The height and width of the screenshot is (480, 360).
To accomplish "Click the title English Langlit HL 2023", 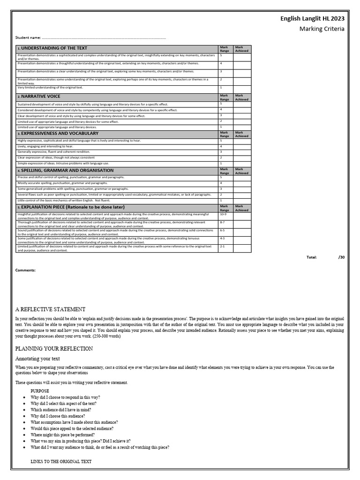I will (312, 19).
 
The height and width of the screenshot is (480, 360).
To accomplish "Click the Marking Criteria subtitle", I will (322, 29).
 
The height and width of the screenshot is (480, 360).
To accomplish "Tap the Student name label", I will (28, 37).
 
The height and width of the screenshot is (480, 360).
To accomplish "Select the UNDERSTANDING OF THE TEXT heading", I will (52, 48).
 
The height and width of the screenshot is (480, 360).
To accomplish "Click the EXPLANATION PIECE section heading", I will (72, 207).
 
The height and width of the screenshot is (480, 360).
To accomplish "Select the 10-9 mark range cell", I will (223, 214).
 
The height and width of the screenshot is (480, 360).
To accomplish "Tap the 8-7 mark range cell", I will (223, 222).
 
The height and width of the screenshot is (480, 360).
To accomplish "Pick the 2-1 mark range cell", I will (223, 246).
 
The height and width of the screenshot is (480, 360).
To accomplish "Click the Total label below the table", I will (312, 257).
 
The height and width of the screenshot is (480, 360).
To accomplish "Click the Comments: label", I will (25, 270).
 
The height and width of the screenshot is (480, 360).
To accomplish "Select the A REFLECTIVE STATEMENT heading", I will (50, 309).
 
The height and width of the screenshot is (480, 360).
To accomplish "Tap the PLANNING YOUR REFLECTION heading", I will (54, 349).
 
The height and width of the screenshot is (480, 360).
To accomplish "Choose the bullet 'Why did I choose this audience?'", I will (58, 416).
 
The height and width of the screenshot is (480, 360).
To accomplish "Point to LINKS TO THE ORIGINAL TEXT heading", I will (61, 462).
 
